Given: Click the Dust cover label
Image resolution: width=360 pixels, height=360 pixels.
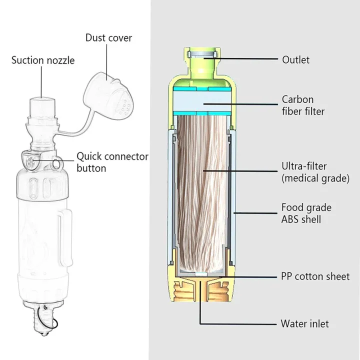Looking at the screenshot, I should [x=109, y=38].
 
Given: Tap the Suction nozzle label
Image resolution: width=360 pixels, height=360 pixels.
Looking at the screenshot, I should [x=43, y=60].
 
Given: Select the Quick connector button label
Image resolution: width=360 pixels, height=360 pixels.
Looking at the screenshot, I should [x=112, y=162].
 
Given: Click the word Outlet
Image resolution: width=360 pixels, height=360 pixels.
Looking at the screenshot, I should [x=295, y=60].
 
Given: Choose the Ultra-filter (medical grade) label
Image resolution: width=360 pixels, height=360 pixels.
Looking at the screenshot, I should [x=314, y=171].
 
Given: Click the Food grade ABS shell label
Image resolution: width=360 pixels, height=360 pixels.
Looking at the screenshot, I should [x=306, y=213].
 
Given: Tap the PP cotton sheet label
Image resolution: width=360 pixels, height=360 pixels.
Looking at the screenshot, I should [x=315, y=276].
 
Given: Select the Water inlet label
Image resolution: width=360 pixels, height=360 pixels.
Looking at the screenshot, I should [x=304, y=324].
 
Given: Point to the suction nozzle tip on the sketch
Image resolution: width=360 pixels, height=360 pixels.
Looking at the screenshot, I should [x=41, y=105].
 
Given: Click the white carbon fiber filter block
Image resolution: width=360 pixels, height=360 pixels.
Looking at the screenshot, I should [x=200, y=104].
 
